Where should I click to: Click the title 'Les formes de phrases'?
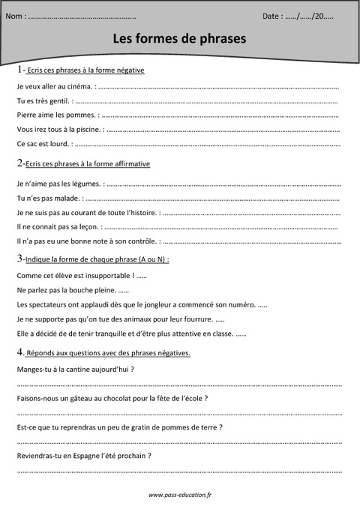pyautogui.click(x=179, y=37)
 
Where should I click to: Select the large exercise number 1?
pyautogui.click(x=19, y=69)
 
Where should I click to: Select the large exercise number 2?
pyautogui.click(x=19, y=163)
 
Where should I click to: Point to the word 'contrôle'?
pyautogui.click(x=140, y=241)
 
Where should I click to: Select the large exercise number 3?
pyautogui.click(x=19, y=259)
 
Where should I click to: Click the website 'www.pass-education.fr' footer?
pyautogui.click(x=180, y=496)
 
